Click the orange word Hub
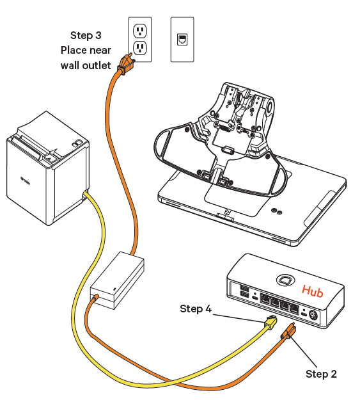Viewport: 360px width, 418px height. tap(313, 291)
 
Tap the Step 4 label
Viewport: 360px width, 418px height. tap(196, 309)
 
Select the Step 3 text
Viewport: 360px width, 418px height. tap(86, 35)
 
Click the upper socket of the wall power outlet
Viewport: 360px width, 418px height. tap(140, 30)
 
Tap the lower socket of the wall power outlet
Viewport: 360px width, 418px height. tap(140, 47)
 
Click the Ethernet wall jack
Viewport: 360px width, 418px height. tap(182, 38)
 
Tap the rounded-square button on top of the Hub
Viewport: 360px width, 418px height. tap(285, 280)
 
